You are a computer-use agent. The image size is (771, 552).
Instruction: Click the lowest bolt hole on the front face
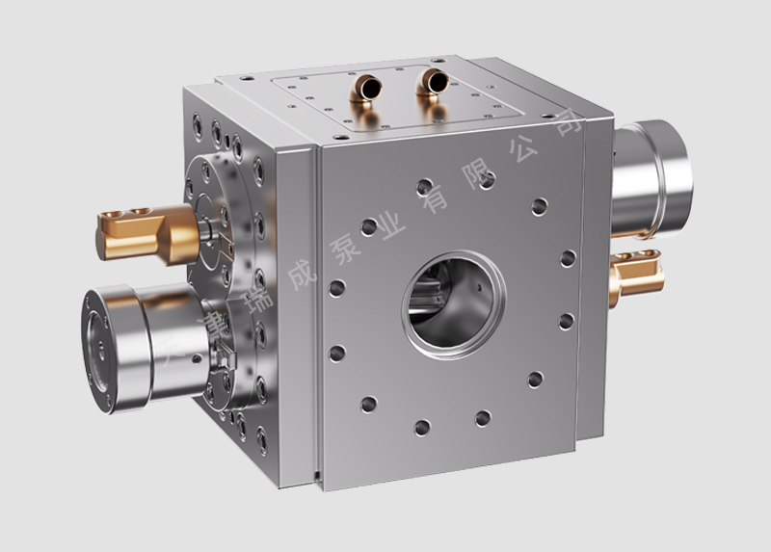[422, 427]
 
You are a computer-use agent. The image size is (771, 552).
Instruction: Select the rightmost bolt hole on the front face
[569, 258]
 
